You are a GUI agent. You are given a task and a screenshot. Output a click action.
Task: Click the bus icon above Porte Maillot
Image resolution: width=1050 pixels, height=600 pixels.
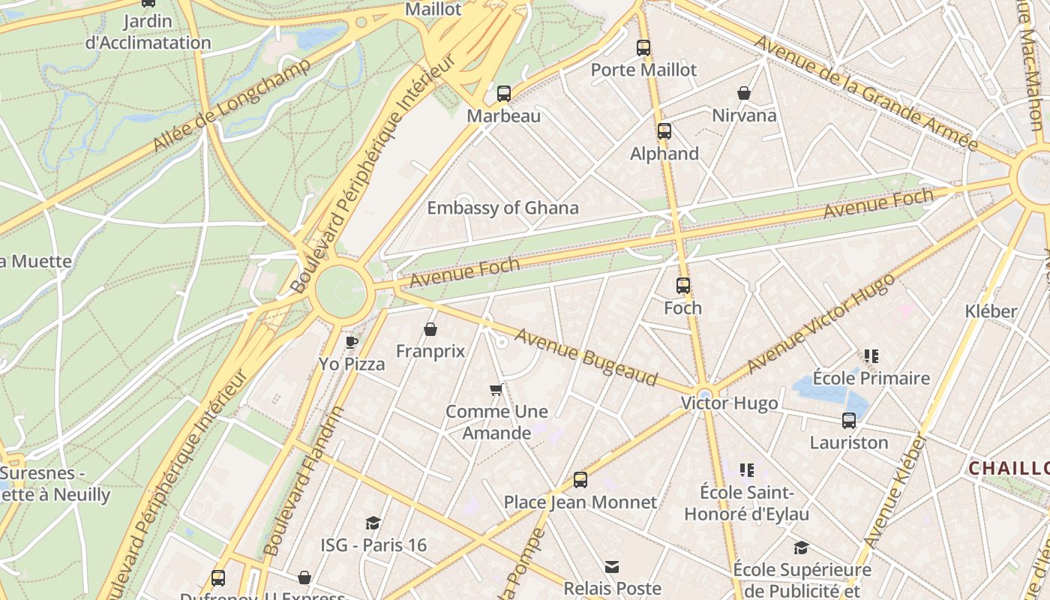(x=643, y=48)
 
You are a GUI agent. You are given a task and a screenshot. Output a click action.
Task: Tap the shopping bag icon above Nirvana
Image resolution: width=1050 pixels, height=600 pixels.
(x=744, y=93)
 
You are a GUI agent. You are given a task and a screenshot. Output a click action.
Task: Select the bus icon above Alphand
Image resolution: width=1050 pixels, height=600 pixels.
(x=664, y=131)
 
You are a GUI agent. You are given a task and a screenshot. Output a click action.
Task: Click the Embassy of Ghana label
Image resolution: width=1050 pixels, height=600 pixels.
(x=502, y=208)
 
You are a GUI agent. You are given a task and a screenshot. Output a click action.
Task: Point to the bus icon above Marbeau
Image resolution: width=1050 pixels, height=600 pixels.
(x=504, y=94)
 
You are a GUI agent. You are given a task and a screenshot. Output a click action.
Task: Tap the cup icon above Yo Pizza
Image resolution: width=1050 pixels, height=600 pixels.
(x=351, y=342)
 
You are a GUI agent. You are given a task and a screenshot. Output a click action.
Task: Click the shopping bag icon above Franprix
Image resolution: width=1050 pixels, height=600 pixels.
(x=430, y=329)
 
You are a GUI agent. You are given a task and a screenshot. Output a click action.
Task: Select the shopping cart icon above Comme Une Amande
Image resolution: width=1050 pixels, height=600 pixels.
(x=496, y=389)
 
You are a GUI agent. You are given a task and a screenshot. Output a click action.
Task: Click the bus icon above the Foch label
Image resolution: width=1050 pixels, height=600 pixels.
(x=682, y=286)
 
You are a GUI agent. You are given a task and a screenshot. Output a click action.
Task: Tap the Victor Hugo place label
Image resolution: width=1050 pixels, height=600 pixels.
(x=729, y=403)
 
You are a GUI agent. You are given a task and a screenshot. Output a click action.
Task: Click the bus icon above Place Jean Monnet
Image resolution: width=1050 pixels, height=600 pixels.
(x=580, y=480)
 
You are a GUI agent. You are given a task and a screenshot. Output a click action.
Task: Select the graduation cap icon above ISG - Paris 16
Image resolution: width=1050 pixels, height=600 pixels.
(x=373, y=523)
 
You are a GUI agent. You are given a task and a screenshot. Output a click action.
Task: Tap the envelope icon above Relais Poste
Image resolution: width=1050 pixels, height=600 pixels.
(x=612, y=566)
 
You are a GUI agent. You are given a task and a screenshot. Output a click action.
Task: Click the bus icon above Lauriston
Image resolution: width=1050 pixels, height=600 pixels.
(x=849, y=421)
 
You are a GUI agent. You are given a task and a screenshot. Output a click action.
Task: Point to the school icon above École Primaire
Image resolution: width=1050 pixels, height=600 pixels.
(x=871, y=356)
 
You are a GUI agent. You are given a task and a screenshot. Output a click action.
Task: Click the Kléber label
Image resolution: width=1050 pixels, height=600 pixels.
(x=991, y=311)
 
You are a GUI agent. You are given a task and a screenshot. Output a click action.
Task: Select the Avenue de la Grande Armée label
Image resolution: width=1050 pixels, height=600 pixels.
(x=866, y=92)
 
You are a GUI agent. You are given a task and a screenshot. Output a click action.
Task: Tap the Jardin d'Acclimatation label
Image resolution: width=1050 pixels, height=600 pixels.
(x=148, y=32)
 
